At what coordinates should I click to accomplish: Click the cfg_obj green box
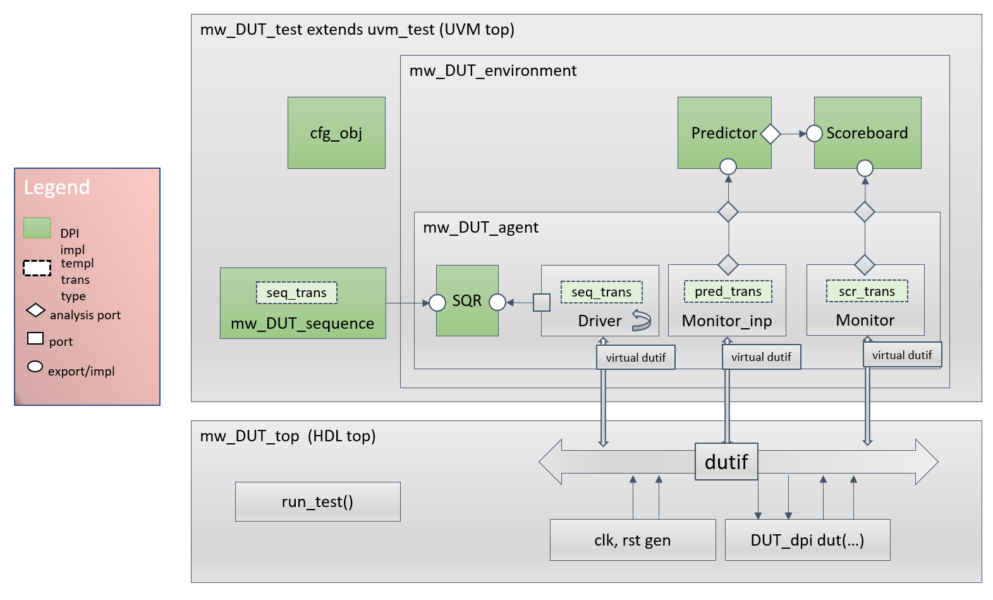(336, 133)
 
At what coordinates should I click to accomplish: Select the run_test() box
(317, 501)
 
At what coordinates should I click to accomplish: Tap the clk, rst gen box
(632, 540)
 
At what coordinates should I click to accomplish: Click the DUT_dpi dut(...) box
(807, 540)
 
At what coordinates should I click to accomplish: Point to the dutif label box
(726, 462)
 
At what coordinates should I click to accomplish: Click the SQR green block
(467, 300)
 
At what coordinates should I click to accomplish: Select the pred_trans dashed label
(728, 291)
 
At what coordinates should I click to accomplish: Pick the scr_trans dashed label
(867, 291)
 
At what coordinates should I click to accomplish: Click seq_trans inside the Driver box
(601, 292)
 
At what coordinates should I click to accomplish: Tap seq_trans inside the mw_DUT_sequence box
(296, 293)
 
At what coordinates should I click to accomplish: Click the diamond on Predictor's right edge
(771, 133)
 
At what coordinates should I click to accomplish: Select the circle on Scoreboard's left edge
(815, 133)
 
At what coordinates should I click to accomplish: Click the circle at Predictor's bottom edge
(728, 167)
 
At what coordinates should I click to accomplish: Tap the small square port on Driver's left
(542, 303)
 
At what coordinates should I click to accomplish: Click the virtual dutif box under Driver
(635, 357)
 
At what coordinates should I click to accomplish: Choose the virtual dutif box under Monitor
(902, 355)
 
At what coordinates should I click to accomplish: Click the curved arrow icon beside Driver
(641, 320)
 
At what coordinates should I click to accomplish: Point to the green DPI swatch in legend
(37, 228)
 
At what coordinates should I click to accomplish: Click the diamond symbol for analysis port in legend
(35, 310)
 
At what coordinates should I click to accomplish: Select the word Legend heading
(57, 187)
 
